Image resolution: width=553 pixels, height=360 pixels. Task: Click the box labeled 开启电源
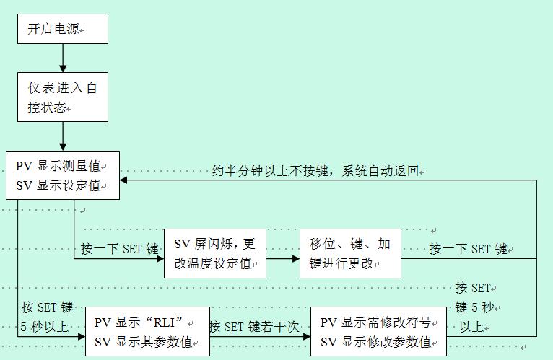[63, 30]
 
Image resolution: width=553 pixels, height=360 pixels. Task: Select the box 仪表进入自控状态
[63, 97]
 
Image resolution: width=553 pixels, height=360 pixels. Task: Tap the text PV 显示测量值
[58, 166]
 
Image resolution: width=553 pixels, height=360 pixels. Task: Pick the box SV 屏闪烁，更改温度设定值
[214, 253]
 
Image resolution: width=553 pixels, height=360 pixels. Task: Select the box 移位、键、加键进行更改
[350, 253]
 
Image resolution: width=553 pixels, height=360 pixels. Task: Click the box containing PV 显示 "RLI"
[147, 332]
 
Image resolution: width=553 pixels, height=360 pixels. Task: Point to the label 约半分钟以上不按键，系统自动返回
[316, 171]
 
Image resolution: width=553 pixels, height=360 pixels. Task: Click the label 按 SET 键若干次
[254, 327]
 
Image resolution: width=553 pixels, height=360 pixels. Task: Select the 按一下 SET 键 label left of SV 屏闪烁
[119, 249]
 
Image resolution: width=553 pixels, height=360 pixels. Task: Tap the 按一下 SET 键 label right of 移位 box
[469, 249]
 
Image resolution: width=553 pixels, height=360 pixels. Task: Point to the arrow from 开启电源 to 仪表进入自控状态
[63, 58]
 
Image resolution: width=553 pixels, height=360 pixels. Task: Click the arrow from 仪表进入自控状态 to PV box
[63, 136]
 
